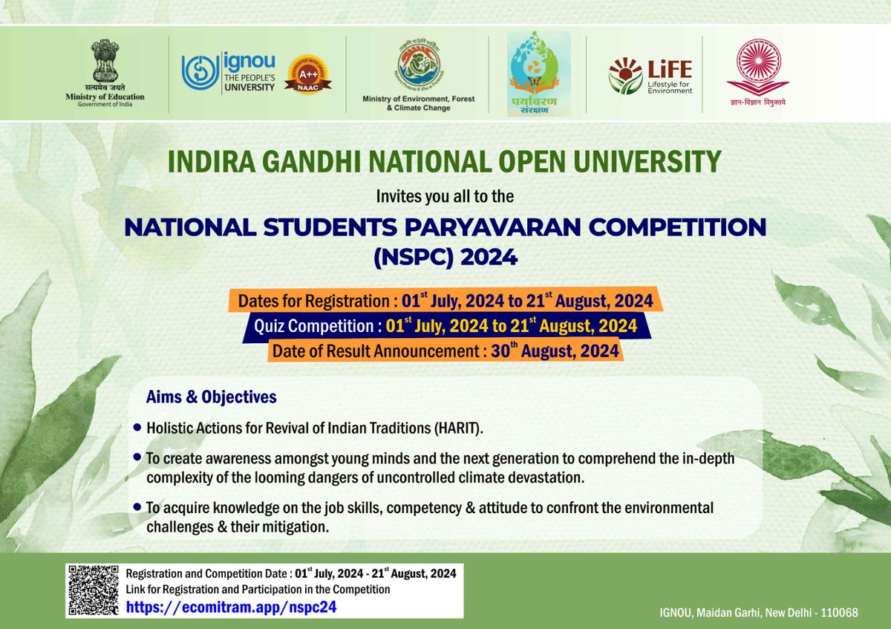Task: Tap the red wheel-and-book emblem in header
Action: (x=757, y=67)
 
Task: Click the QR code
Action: (x=94, y=591)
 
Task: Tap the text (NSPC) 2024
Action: (x=445, y=258)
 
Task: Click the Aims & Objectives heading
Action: (x=212, y=397)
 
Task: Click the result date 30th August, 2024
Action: (x=555, y=351)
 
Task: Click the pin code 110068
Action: (x=836, y=613)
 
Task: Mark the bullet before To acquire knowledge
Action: (x=137, y=506)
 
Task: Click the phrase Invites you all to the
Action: (x=445, y=197)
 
